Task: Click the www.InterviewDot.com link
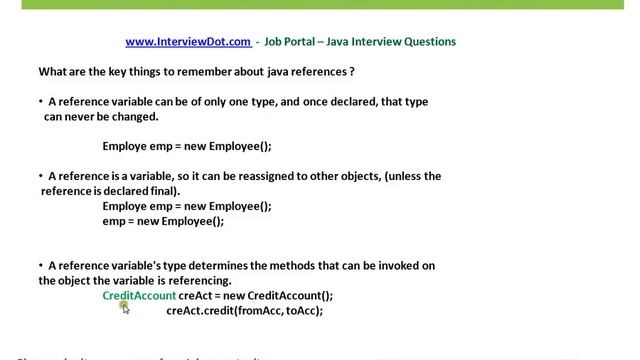[x=188, y=42]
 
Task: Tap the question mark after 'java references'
[x=353, y=73]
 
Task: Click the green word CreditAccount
[x=139, y=295]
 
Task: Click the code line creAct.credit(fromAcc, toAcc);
[x=244, y=310]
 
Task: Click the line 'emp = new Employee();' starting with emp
[x=163, y=221]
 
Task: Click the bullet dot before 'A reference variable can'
[x=41, y=102]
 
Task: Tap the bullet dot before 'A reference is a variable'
[x=41, y=176]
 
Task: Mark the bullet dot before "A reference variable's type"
[x=41, y=266]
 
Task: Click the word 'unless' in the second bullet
[x=393, y=176]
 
